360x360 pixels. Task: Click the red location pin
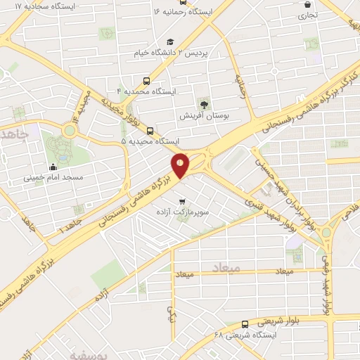pyautogui.click(x=181, y=165)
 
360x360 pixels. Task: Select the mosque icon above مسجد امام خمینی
pyautogui.click(x=53, y=167)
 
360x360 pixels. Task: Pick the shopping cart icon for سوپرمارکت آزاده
pyautogui.click(x=181, y=195)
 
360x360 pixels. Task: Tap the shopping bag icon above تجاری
pyautogui.click(x=306, y=3)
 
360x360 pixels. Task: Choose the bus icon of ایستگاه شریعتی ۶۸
pyautogui.click(x=244, y=324)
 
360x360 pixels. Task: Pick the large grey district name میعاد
pyautogui.click(x=225, y=268)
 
